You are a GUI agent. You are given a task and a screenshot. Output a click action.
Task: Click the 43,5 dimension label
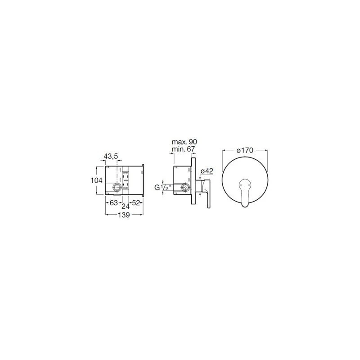tap(111, 156)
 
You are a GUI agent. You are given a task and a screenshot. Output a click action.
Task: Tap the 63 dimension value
tap(114, 203)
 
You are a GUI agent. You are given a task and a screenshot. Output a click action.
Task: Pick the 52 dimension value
tap(136, 203)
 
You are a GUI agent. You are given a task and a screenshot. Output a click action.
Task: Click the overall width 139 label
tap(124, 216)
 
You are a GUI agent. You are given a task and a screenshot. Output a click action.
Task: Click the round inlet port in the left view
tap(118, 186)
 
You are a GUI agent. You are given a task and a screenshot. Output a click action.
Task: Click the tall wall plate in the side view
tap(193, 182)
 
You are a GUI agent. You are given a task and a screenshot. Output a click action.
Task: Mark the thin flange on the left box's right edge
tap(143, 181)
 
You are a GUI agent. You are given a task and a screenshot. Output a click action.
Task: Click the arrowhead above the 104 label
tap(97, 167)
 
